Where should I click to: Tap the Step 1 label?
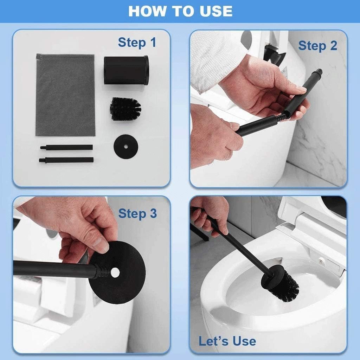click(137, 43)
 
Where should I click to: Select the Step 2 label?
click(317, 45)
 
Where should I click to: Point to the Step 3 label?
click(137, 213)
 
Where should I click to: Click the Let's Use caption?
click(227, 341)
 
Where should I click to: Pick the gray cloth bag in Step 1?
click(65, 95)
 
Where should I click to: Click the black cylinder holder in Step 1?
click(126, 70)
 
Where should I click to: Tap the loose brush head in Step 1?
click(126, 109)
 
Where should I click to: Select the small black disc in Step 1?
click(124, 146)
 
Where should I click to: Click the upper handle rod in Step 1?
click(67, 147)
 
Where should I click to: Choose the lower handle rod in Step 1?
click(67, 160)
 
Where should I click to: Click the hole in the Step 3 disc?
click(115, 272)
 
